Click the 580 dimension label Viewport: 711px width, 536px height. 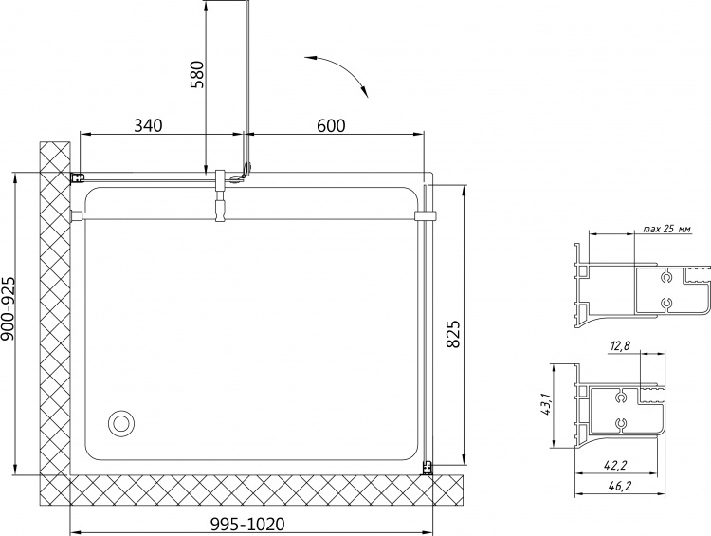point(198,74)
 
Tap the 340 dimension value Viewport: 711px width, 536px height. point(148,125)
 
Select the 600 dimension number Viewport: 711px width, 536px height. point(331,125)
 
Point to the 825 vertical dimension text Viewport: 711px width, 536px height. point(452,334)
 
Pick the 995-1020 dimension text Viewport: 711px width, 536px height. point(247,524)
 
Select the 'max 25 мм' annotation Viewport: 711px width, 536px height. point(667,230)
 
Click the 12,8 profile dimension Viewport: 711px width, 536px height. point(620,346)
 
